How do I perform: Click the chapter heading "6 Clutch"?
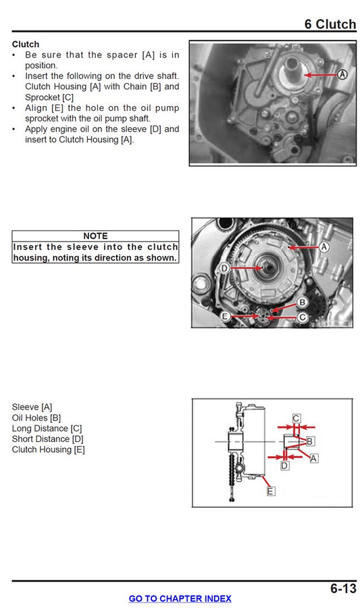330,24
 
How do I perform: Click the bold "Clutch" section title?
26,44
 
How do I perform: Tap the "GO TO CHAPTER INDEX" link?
180,599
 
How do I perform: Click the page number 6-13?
343,588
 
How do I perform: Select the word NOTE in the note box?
95,236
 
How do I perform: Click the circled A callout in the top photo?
342,74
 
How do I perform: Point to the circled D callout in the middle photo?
224,269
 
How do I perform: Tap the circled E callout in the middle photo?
226,316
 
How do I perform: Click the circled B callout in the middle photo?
303,301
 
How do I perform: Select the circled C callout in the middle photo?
303,316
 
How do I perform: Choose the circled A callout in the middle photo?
323,247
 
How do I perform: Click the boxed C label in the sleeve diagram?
296,418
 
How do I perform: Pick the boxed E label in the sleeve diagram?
270,491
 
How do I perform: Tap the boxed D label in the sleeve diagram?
284,466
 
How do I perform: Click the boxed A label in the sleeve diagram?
313,458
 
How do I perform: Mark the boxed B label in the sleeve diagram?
310,441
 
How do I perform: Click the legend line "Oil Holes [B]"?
36,418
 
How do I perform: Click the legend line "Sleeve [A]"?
32,407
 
